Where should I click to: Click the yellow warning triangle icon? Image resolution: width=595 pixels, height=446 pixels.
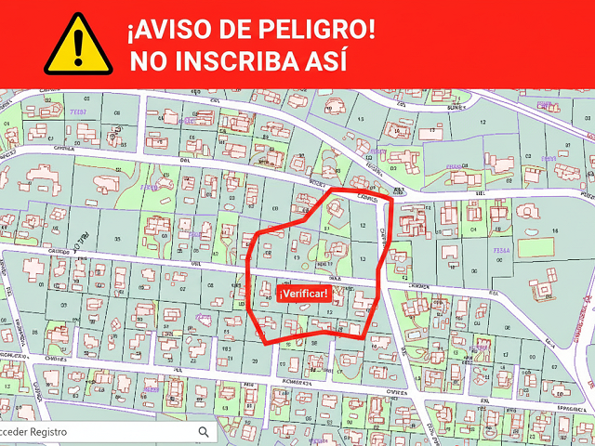point(78,43)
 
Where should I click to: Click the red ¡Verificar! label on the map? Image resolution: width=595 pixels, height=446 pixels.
point(303,294)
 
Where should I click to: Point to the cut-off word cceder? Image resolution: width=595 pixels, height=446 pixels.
point(17,432)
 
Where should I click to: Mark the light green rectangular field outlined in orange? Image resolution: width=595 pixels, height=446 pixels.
point(535,248)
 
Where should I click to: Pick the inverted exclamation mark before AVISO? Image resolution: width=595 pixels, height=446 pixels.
point(131,30)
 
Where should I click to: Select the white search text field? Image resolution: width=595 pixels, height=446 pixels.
point(102,432)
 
